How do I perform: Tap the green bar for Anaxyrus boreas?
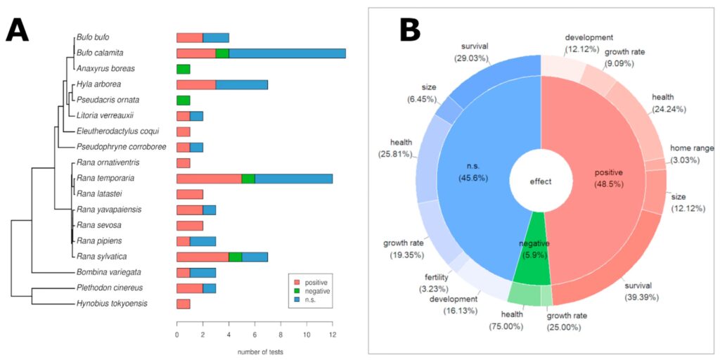pos(183,69)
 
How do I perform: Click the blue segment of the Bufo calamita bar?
pos(287,53)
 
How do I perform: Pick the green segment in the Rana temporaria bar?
pos(247,179)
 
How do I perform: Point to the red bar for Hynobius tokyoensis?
pos(183,304)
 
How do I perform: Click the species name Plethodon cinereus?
pos(105,288)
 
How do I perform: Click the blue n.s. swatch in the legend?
pos(294,298)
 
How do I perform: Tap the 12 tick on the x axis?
pos(333,335)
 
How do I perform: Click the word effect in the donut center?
pos(541,181)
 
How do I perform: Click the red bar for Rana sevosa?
pos(189,225)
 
